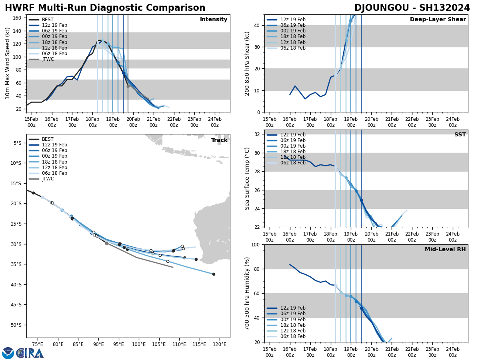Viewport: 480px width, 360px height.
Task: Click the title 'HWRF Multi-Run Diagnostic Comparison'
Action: [105, 8]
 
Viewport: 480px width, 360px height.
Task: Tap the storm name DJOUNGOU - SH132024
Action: [412, 8]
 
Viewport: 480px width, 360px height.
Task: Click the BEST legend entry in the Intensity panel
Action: [48, 20]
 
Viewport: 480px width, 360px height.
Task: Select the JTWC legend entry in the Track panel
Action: [48, 179]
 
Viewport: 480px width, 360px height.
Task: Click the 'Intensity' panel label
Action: [214, 20]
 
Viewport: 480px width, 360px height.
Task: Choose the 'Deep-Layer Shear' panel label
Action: [438, 20]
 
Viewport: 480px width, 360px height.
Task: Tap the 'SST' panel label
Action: [460, 135]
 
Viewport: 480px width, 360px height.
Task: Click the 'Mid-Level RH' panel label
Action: [445, 250]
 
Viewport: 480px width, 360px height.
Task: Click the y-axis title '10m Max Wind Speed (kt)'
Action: [8, 63]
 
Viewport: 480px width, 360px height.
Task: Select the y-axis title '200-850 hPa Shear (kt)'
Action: [247, 63]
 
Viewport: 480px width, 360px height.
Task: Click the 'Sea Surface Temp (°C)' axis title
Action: [247, 178]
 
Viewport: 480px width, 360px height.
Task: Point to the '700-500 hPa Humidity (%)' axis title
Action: [247, 293]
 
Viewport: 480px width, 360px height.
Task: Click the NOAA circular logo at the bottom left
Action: [8, 353]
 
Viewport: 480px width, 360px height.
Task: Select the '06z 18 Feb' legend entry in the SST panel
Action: [292, 163]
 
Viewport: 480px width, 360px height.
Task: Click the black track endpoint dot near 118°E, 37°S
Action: [214, 274]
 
